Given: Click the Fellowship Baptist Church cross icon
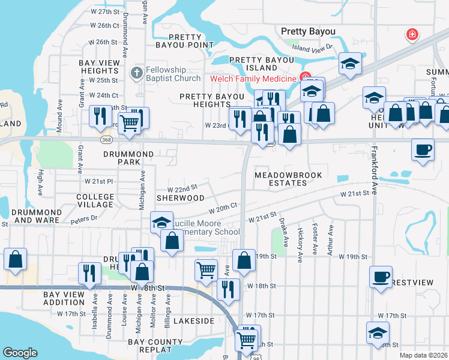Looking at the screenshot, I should pyautogui.click(x=136, y=73).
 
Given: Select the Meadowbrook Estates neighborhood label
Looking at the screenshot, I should pyautogui.click(x=288, y=179).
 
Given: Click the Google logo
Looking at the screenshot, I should pyautogui.click(x=20, y=353).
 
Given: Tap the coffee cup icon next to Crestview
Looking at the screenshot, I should pyautogui.click(x=380, y=277).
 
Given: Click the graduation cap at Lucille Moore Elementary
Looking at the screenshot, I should pyautogui.click(x=161, y=223).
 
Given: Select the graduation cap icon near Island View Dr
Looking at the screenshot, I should pyautogui.click(x=349, y=64).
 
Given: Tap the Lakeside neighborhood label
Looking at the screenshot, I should pyautogui.click(x=194, y=321).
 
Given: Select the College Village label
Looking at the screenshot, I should pyautogui.click(x=95, y=200).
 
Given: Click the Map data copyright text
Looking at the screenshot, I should pyautogui.click(x=423, y=355).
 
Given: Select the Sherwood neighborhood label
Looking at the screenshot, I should pyautogui.click(x=177, y=197).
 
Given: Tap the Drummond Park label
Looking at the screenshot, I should pyautogui.click(x=128, y=158).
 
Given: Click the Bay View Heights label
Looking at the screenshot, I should pyautogui.click(x=98, y=66).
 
